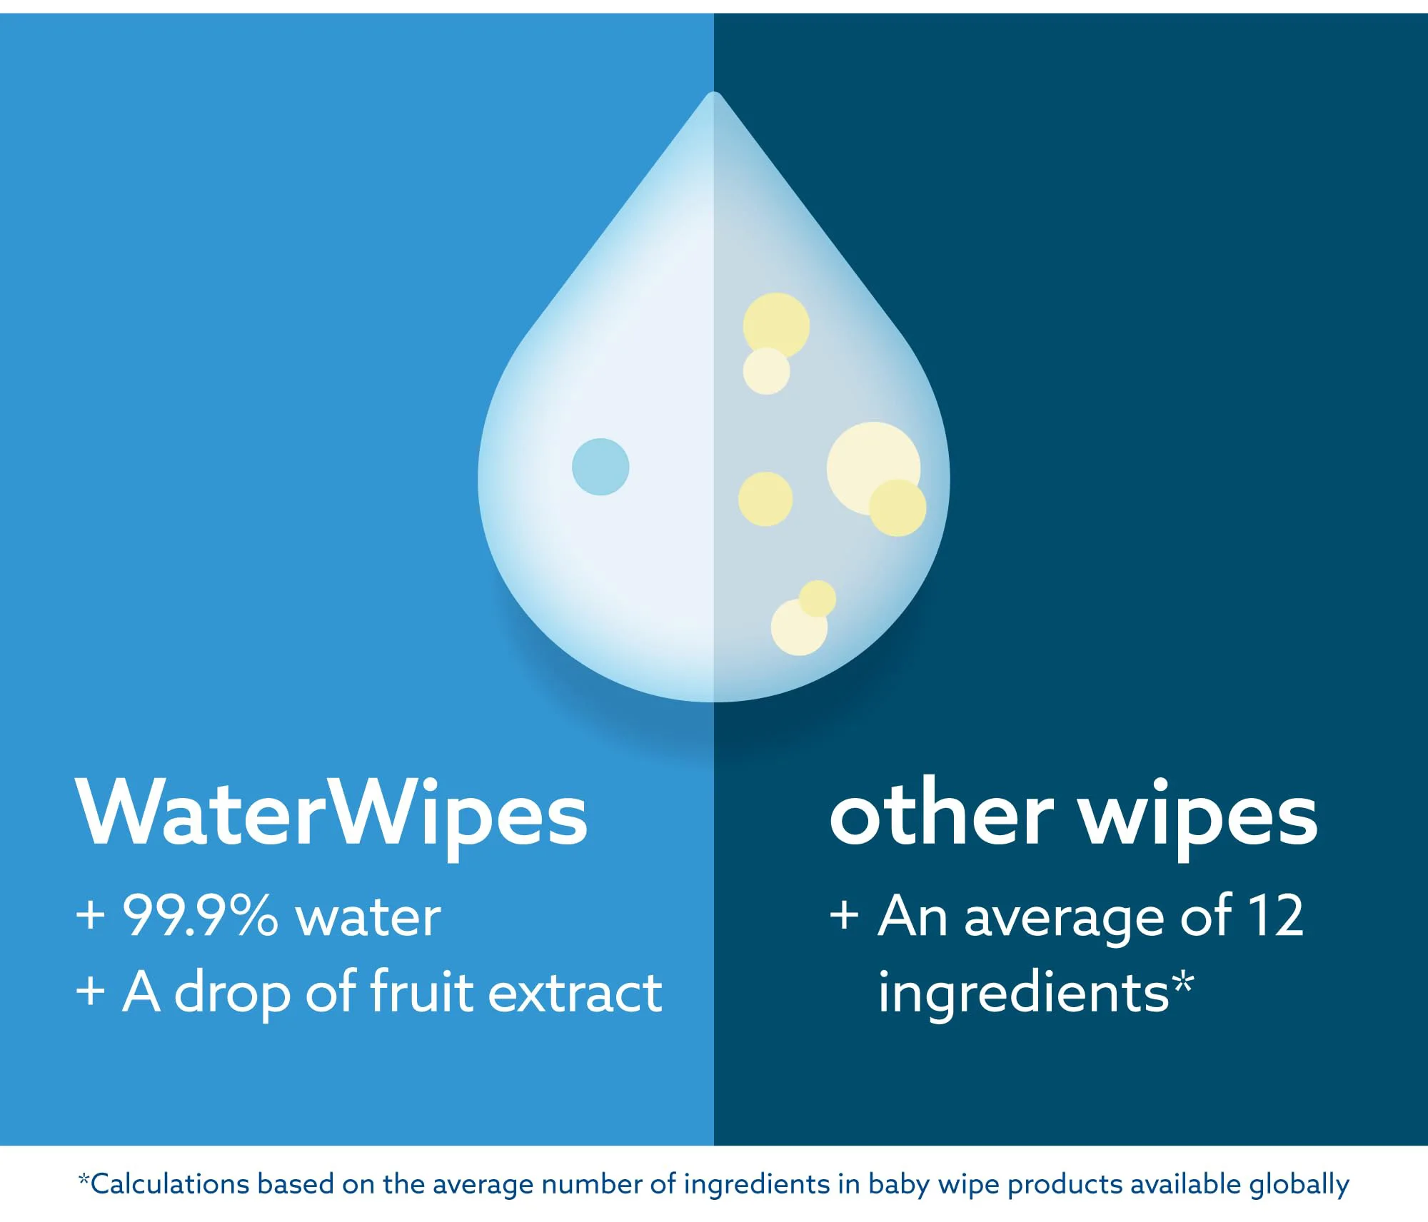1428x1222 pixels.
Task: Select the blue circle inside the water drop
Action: pyautogui.click(x=600, y=467)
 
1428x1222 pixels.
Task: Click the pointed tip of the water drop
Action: pyautogui.click(x=714, y=92)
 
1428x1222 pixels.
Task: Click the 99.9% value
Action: pyautogui.click(x=201, y=915)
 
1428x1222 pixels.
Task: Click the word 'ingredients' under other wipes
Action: pyautogui.click(x=1023, y=994)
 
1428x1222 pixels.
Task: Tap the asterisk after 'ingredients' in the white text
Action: pyautogui.click(x=1183, y=981)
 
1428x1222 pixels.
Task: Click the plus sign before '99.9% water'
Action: pyautogui.click(x=91, y=915)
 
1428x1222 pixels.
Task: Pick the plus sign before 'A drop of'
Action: pyautogui.click(x=91, y=991)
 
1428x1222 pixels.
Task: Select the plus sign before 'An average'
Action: pyautogui.click(x=844, y=915)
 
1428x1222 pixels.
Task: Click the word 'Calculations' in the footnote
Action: pyautogui.click(x=170, y=1184)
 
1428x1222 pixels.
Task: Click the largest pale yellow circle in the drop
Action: pyautogui.click(x=873, y=468)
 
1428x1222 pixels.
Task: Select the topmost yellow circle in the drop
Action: pyautogui.click(x=776, y=325)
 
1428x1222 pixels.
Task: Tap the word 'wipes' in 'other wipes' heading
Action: pyautogui.click(x=1197, y=818)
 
